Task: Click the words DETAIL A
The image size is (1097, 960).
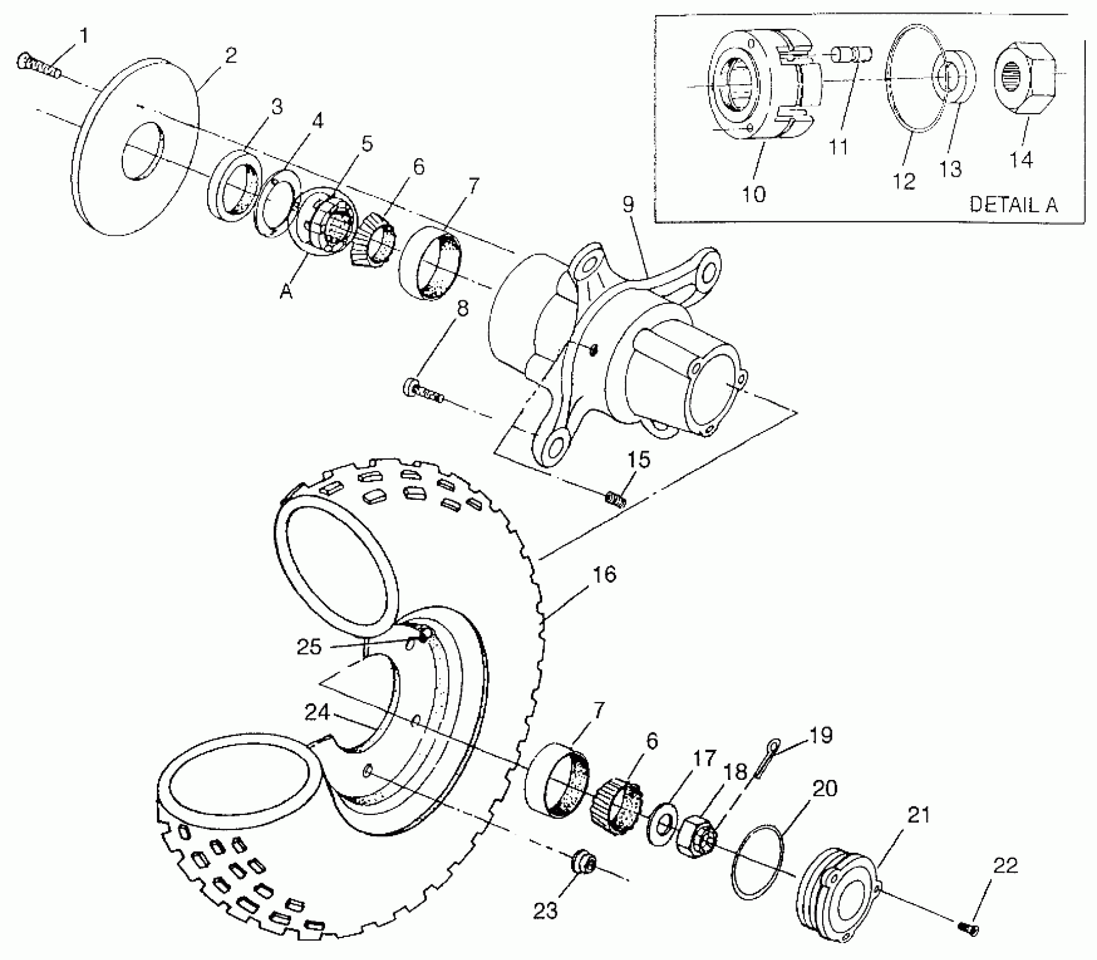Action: [x=1013, y=205]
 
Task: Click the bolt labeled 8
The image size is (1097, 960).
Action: [x=423, y=391]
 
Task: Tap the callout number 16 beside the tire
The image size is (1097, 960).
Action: [x=604, y=575]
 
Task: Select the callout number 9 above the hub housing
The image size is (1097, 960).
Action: [x=628, y=205]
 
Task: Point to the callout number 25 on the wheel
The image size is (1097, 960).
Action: [x=309, y=647]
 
